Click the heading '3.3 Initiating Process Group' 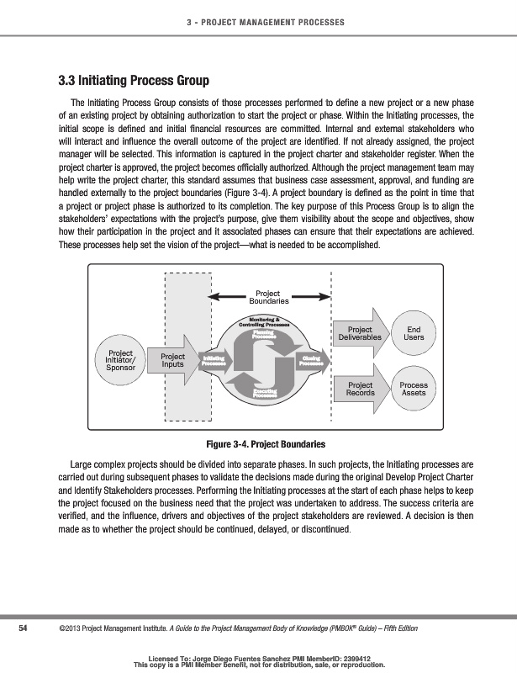pos(133,82)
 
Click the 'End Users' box pos(414,333)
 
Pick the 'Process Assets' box pos(414,389)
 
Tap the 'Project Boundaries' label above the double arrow pos(268,297)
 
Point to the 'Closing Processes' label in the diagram pos(312,360)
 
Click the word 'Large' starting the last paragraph pos(82,464)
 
